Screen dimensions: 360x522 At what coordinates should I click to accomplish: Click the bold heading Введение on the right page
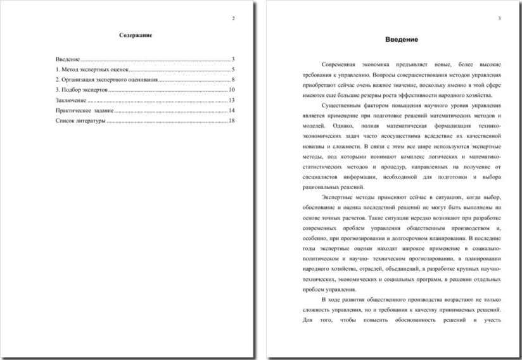tap(402, 39)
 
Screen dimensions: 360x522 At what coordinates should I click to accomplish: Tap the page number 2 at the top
tap(233, 18)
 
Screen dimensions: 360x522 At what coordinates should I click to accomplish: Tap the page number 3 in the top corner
tap(499, 18)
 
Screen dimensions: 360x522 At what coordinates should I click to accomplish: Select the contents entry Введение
tap(68, 59)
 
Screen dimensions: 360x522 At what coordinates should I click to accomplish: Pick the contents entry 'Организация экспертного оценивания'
tap(108, 80)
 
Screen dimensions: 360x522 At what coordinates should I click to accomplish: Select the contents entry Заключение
tap(70, 100)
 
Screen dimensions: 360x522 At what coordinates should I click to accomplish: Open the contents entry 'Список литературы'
tap(80, 120)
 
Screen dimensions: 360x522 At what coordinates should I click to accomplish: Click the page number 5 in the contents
tap(233, 69)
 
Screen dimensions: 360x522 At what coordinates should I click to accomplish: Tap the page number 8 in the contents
tap(233, 80)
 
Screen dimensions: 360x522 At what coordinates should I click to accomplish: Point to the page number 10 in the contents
tap(232, 90)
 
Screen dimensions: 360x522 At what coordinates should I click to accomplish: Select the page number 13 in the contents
tap(232, 100)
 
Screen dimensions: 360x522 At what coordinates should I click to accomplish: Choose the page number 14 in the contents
tap(232, 110)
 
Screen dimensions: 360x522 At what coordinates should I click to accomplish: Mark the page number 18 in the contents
tap(232, 120)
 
